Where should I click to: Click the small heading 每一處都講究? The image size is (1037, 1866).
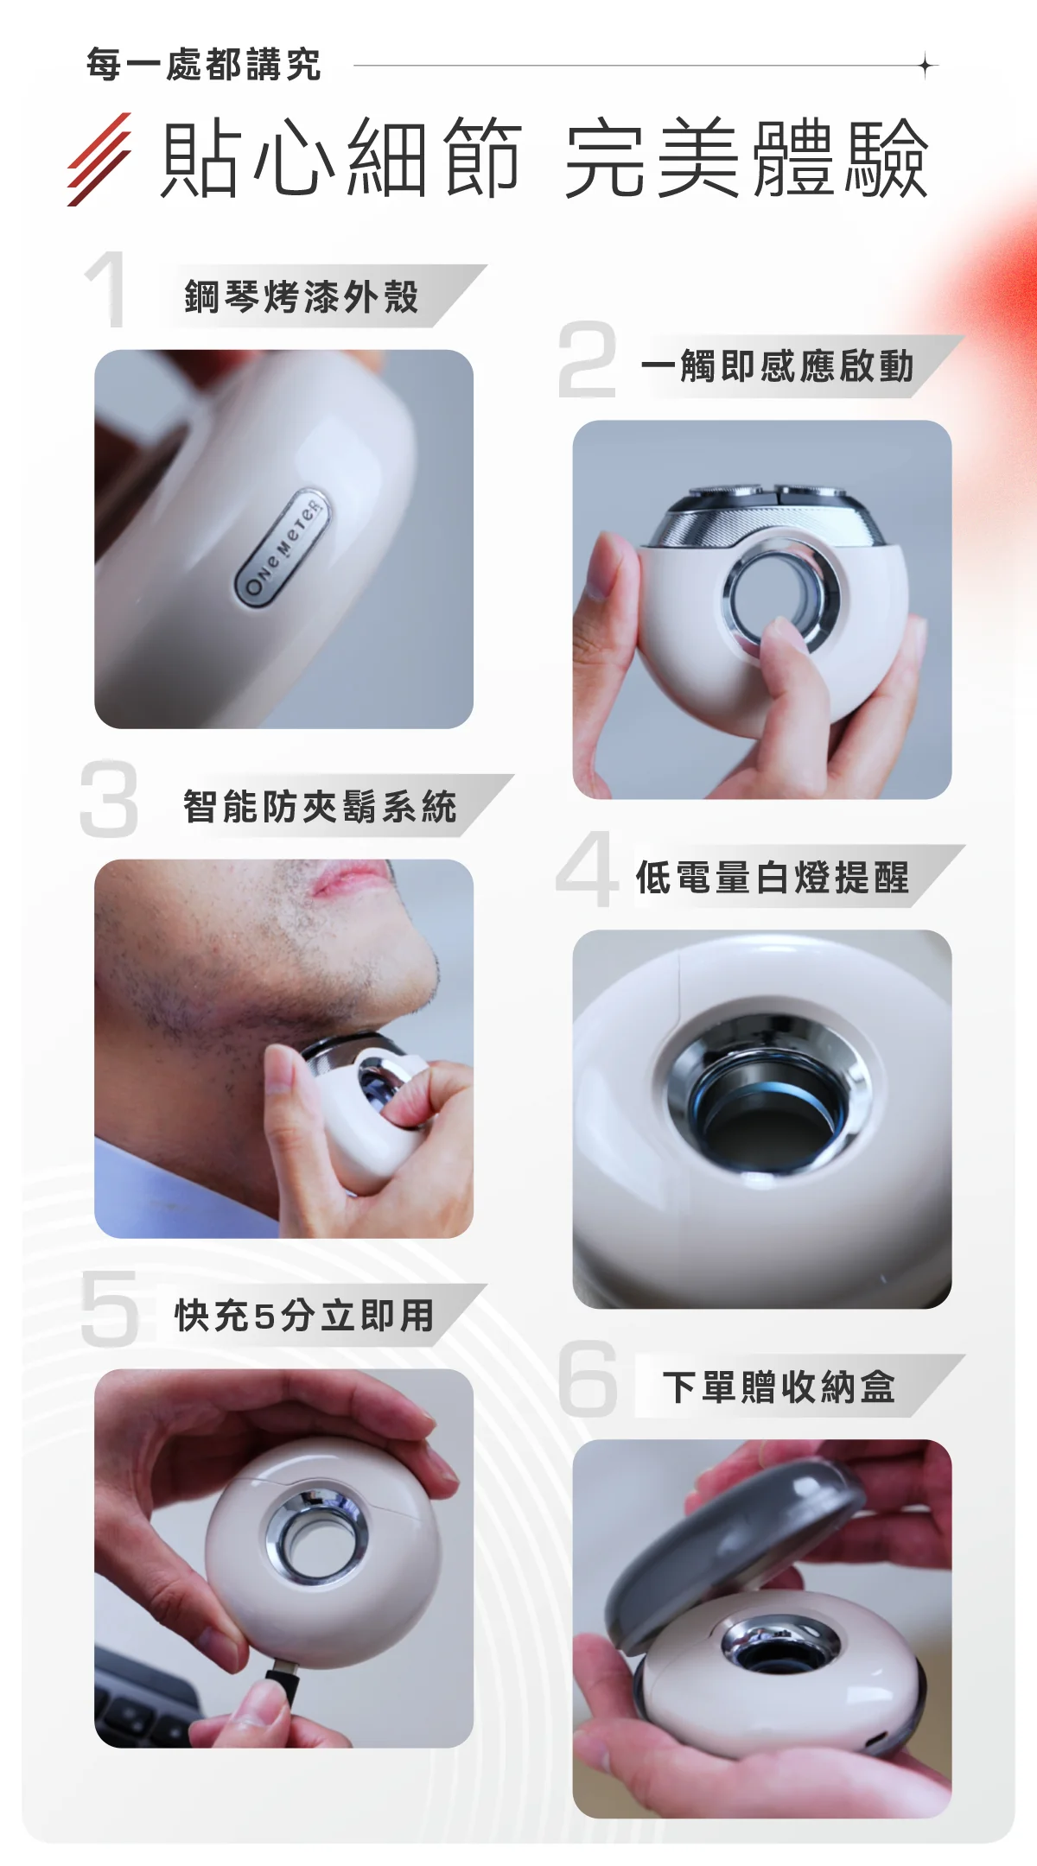(204, 65)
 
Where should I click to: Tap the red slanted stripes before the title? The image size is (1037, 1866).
(99, 159)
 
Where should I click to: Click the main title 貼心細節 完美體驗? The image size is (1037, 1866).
(545, 159)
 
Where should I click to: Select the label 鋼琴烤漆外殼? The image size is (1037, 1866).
(302, 296)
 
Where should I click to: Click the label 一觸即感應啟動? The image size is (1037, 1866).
(778, 365)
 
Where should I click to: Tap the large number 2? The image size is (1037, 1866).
(588, 359)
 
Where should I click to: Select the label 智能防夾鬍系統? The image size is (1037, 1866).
(320, 806)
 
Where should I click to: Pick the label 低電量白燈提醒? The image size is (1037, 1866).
(773, 877)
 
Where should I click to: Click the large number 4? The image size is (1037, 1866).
(588, 868)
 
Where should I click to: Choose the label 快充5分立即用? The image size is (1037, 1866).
(304, 1316)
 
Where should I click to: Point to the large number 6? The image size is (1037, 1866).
(588, 1379)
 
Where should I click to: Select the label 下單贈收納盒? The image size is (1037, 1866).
(779, 1387)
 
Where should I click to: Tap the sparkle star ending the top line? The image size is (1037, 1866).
(926, 65)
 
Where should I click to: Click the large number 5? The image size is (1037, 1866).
(110, 1308)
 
